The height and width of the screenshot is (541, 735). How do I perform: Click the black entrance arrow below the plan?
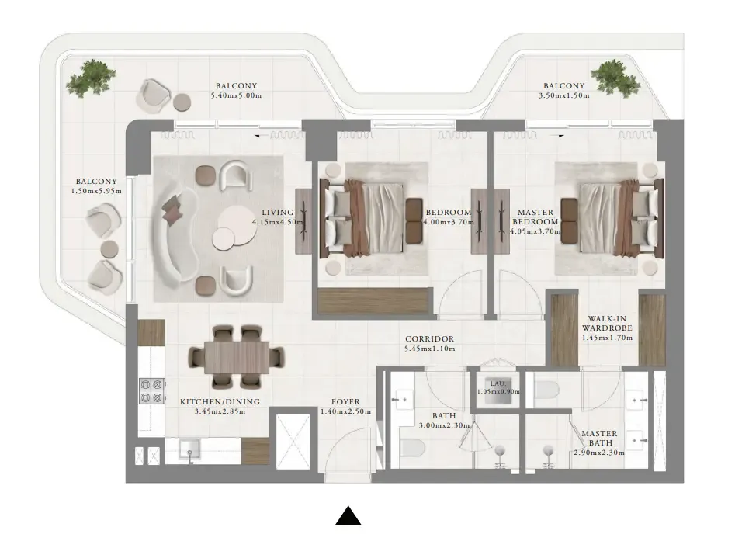348,516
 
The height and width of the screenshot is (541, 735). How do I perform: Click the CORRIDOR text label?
429,339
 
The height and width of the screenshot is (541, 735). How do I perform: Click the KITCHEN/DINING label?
220,401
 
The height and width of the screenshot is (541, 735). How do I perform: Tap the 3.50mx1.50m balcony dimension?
563,96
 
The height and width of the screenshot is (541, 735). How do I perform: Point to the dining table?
236,356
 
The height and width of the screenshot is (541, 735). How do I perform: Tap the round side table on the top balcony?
182,102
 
